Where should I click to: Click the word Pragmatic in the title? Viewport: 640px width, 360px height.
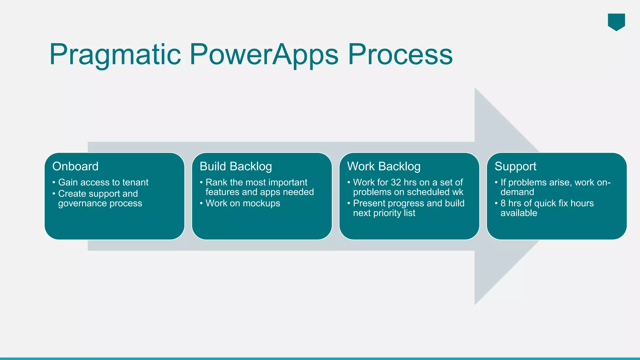[x=115, y=55]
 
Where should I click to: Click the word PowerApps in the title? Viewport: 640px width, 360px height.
[x=264, y=55]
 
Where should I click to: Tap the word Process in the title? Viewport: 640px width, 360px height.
[x=400, y=54]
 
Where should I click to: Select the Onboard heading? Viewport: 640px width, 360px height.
[x=75, y=166]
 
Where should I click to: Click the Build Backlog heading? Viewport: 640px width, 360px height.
[x=236, y=166]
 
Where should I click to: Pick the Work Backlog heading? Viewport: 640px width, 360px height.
[x=384, y=166]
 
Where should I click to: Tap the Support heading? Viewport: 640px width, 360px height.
[x=515, y=166]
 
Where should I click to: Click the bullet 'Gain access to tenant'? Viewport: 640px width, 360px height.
[x=103, y=182]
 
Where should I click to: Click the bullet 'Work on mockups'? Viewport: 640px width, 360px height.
[x=243, y=203]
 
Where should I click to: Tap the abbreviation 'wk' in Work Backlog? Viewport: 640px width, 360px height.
[x=458, y=192]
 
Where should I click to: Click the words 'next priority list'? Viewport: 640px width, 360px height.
[x=384, y=213]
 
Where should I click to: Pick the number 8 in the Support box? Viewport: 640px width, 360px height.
[x=503, y=203]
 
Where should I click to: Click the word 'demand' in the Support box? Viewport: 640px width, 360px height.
[x=517, y=192]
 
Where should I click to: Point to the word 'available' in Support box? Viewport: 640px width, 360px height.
[x=519, y=213]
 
